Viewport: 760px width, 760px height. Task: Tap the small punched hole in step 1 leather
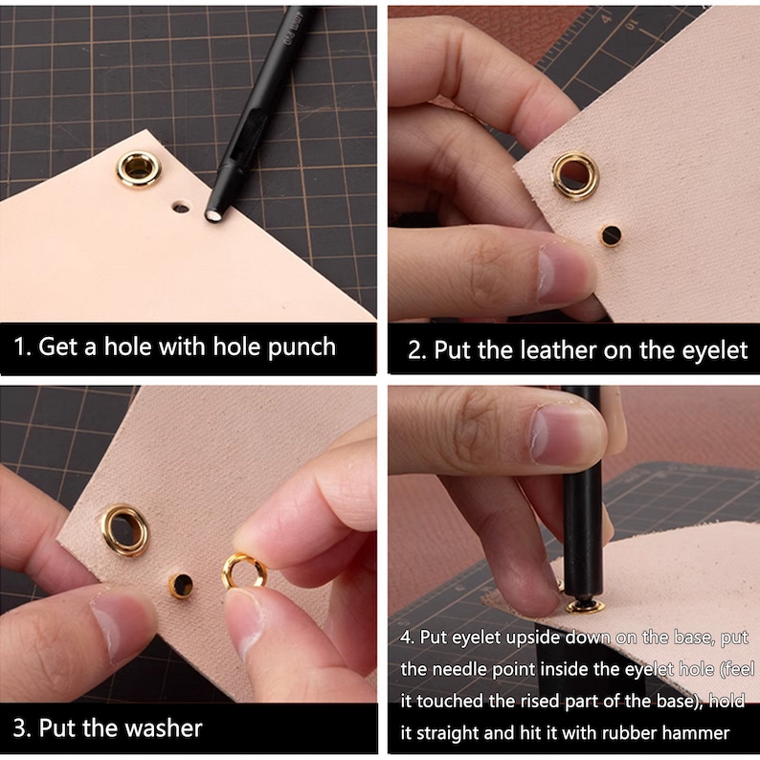click(x=181, y=209)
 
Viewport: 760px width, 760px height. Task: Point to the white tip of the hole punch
click(x=212, y=215)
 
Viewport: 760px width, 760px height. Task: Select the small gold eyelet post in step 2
click(x=611, y=235)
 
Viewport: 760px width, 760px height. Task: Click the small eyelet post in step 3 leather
click(x=181, y=586)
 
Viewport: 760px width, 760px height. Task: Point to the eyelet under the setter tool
click(x=586, y=606)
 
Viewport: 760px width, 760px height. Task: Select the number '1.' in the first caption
click(x=22, y=347)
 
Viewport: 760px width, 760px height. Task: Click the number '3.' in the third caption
click(x=22, y=728)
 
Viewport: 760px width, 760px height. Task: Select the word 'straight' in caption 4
click(x=448, y=734)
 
